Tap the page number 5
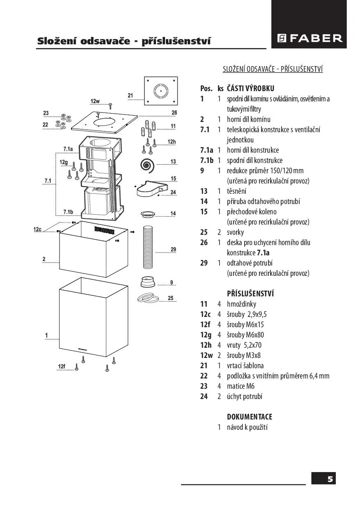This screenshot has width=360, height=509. (x=330, y=479)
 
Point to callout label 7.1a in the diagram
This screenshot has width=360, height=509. (x=68, y=148)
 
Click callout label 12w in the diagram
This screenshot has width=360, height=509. (x=95, y=101)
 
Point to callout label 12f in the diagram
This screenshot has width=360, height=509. (x=62, y=366)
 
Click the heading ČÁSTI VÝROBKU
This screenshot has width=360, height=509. (x=250, y=88)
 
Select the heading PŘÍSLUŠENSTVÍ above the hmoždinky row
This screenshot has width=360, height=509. (x=250, y=293)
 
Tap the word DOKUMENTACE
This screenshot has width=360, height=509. (x=250, y=417)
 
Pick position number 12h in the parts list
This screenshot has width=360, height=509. (x=206, y=345)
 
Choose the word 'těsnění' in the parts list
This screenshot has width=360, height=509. (x=236, y=191)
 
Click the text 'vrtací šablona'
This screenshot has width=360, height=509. (x=245, y=365)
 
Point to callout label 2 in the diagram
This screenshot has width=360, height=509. (x=44, y=259)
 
